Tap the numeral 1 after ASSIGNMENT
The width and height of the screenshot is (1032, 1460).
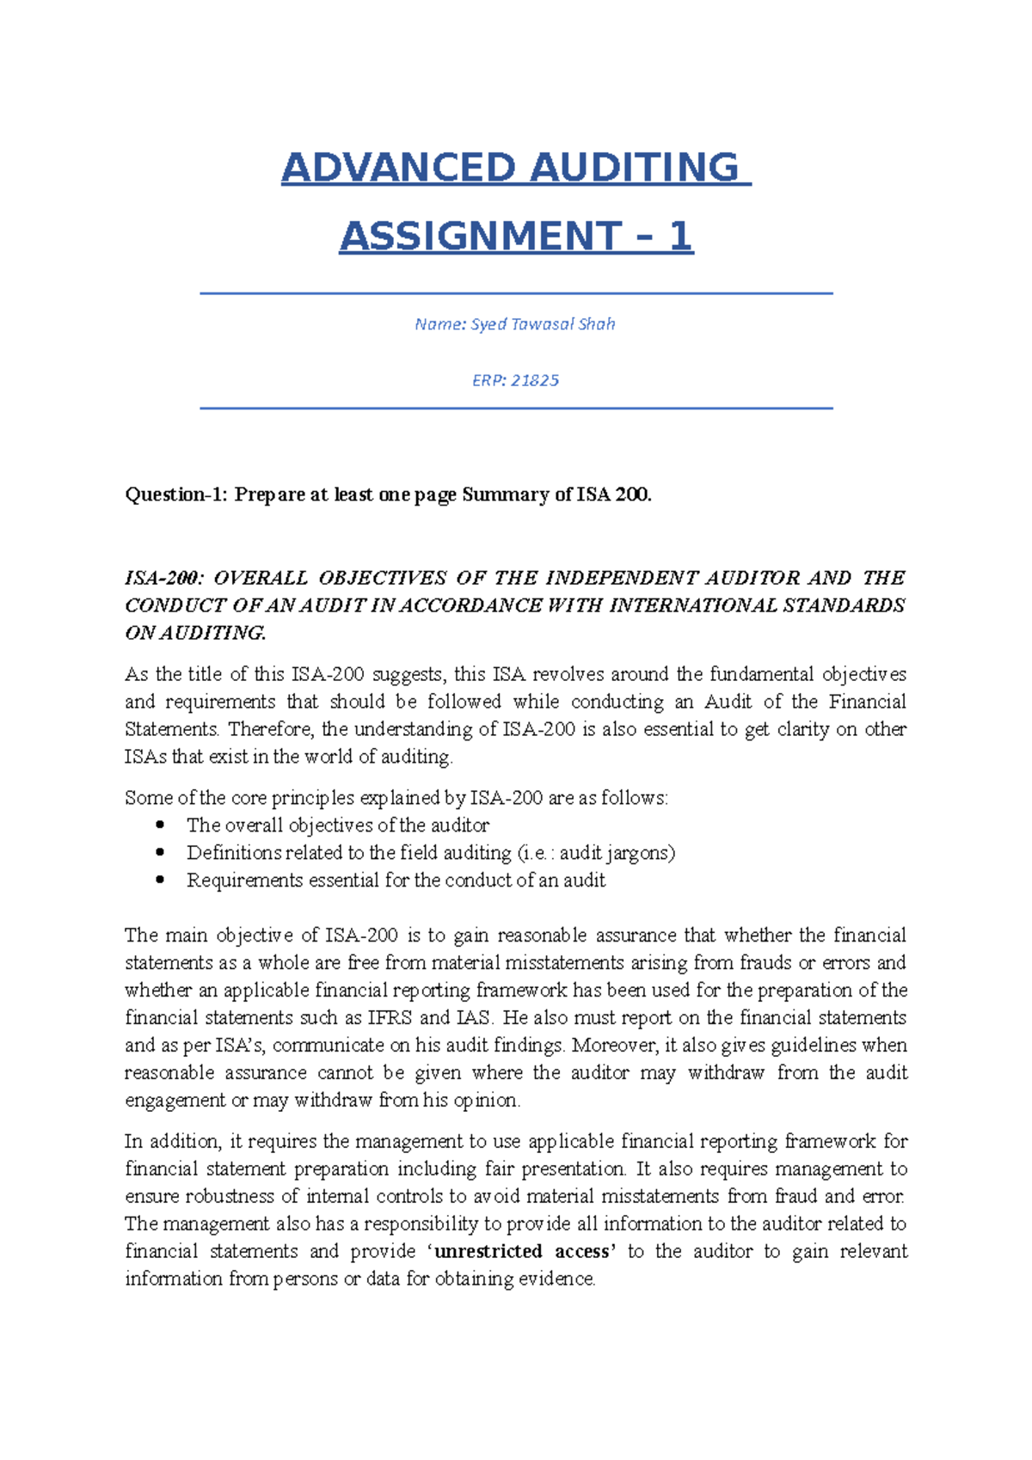point(679,236)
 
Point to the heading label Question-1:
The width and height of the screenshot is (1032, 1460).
point(176,494)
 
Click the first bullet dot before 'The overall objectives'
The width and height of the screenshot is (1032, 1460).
point(160,825)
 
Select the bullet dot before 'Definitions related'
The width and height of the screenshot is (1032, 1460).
point(160,852)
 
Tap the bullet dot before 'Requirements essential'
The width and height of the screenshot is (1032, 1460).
point(160,880)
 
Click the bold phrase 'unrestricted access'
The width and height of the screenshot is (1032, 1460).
point(525,1251)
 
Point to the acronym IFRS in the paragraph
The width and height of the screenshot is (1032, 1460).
point(390,1018)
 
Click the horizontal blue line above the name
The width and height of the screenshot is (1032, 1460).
point(516,294)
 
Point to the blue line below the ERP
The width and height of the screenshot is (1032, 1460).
point(516,408)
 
